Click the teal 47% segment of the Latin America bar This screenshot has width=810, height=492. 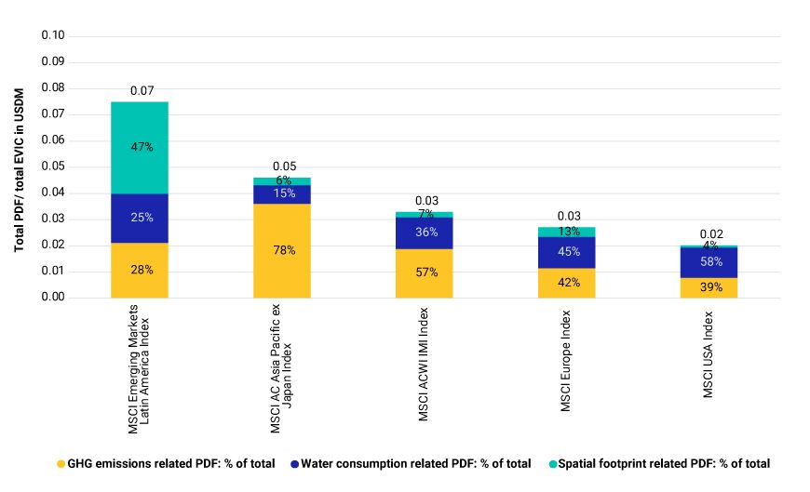pos(140,147)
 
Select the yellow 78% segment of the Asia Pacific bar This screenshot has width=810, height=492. pos(282,250)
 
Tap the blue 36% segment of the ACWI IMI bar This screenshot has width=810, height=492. pos(425,233)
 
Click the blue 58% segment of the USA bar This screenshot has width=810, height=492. pos(709,262)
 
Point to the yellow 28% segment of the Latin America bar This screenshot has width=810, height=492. pos(140,270)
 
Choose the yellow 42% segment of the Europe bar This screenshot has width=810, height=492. pos(567,283)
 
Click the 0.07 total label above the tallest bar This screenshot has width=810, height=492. pos(142,91)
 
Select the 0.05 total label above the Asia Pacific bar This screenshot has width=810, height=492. pos(284,166)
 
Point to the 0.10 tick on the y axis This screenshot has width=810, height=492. pos(53,36)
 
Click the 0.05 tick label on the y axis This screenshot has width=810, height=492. pos(53,167)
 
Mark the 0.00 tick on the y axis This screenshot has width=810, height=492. pos(53,298)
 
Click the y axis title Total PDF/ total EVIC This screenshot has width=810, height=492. pos(20,167)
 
